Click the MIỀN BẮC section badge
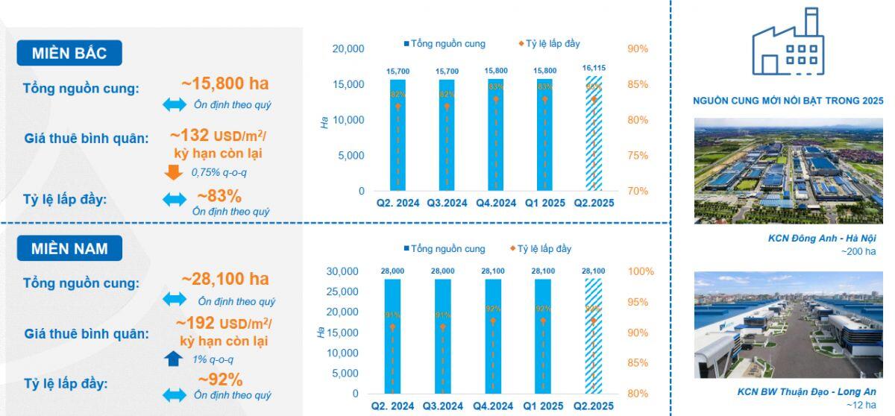click(69, 53)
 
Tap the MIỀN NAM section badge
click(69, 248)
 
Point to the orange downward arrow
click(174, 172)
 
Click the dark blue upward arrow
click(174, 359)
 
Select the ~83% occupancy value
click(219, 196)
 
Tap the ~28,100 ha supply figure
click(224, 280)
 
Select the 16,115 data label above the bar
click(594, 69)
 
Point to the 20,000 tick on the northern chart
click(348, 49)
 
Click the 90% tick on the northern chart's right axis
click(637, 49)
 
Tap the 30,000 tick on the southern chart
click(343, 271)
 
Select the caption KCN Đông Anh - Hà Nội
click(821, 239)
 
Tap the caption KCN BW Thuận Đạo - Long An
click(806, 391)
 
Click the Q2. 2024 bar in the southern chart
click(392, 335)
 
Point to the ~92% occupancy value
click(220, 379)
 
